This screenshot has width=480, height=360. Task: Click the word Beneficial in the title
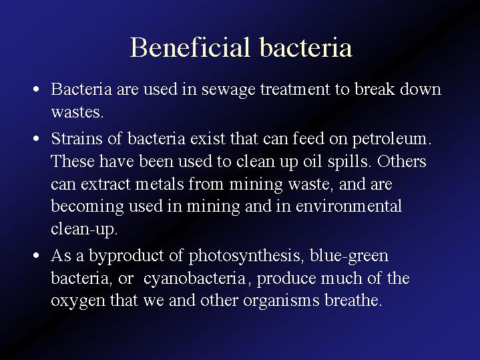tap(190, 47)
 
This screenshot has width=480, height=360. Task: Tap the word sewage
tap(228, 90)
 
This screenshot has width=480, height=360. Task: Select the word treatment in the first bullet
tap(295, 89)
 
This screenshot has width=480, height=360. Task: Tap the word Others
tap(402, 161)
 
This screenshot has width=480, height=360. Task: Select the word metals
tap(159, 184)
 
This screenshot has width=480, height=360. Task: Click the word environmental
tap(348, 206)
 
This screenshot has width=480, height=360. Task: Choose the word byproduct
tap(126, 256)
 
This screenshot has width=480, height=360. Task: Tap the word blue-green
tap(349, 256)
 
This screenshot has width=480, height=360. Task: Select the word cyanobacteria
tap(195, 279)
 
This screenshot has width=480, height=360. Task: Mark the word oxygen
tap(78, 301)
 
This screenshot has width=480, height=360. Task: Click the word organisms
tap(281, 301)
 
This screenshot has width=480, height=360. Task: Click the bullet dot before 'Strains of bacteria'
tap(36, 139)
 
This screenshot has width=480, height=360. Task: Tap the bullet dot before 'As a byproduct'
tap(36, 256)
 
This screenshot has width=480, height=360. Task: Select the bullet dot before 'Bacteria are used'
tap(36, 89)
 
